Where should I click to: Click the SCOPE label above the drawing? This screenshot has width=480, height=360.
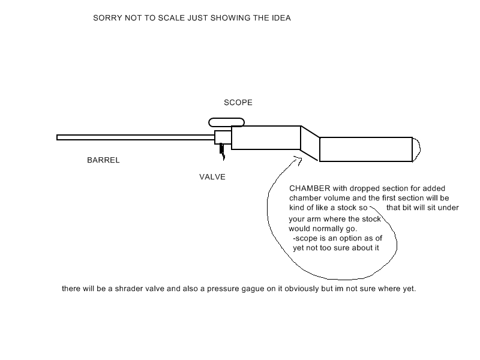238,103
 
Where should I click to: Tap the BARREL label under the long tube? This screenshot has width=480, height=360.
103,160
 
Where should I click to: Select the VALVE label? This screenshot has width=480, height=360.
212,177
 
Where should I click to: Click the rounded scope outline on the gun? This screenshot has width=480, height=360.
226,122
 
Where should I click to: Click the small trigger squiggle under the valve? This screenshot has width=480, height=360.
221,151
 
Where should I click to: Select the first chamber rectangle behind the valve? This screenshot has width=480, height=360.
265,137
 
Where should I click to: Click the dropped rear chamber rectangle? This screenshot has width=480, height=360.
365,149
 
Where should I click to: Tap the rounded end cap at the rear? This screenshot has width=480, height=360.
416,149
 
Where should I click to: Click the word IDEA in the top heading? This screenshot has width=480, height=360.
280,18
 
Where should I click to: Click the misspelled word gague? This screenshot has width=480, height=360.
271,289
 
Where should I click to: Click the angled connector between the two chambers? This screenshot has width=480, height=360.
310,143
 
